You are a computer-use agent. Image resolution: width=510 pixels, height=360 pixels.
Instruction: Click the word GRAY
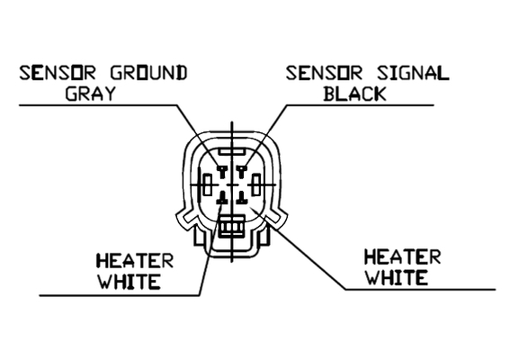[x=91, y=94]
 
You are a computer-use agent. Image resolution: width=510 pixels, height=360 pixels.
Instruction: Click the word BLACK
[x=354, y=94]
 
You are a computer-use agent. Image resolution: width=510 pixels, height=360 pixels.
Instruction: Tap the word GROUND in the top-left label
[x=149, y=73]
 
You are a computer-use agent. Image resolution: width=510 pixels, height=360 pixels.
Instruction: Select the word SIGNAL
[x=413, y=73]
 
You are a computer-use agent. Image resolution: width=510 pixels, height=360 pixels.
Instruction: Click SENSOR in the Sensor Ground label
[x=58, y=73]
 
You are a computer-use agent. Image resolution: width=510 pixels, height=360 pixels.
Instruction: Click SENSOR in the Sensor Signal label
[x=324, y=73]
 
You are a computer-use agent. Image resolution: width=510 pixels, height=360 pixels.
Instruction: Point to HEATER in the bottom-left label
[x=135, y=261]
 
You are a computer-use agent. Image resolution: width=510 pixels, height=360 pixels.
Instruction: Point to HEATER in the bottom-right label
[x=402, y=256]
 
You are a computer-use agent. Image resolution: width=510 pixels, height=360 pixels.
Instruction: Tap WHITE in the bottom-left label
[x=130, y=282]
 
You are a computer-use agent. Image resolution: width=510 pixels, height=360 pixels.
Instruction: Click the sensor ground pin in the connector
[x=223, y=171]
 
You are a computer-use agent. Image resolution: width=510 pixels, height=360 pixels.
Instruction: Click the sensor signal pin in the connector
[x=241, y=171]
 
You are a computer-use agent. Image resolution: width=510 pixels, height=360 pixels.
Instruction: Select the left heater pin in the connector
[x=223, y=198]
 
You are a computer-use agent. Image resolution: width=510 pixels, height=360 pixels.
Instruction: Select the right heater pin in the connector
[x=241, y=198]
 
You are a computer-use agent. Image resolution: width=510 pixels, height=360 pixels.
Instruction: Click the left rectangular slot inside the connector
[x=208, y=184]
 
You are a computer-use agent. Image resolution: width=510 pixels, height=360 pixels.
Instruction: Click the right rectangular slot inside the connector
[x=256, y=184]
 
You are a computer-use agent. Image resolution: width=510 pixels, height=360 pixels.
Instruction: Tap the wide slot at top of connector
[x=232, y=151]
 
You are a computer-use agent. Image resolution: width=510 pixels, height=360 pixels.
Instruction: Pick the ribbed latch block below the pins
[x=231, y=227]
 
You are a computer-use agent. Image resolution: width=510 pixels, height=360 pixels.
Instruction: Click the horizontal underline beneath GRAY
[x=98, y=105]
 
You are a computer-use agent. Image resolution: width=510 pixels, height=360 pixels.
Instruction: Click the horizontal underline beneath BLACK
[x=361, y=105]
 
